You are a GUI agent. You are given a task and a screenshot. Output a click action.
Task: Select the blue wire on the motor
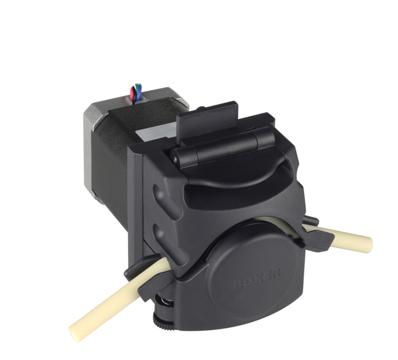coord(139,93)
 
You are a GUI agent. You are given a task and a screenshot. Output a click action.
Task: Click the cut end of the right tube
coord(368,243)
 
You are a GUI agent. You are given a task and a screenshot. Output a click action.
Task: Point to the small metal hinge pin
coord(175,159)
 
